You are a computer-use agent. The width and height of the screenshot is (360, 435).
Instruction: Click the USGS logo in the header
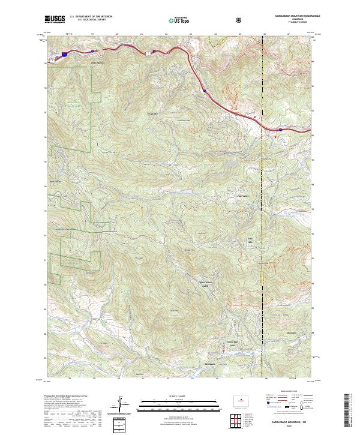(55, 19)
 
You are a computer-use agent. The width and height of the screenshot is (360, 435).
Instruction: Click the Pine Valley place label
(242, 195)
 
